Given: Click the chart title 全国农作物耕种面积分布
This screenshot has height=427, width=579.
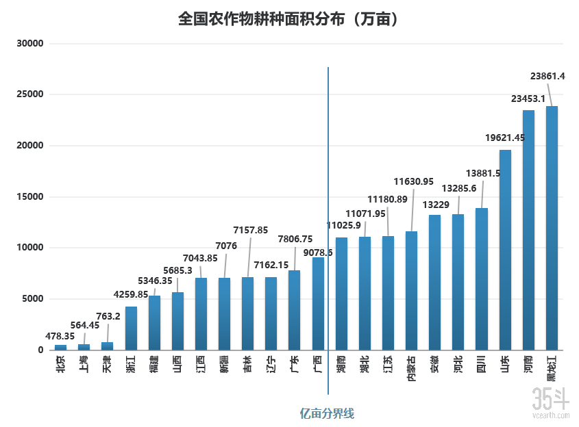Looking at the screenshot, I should (x=288, y=18).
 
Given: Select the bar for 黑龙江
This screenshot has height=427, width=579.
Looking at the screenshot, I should (x=552, y=228).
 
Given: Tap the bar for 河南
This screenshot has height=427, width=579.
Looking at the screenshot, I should (x=528, y=230).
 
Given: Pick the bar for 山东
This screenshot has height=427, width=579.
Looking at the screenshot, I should (x=505, y=250).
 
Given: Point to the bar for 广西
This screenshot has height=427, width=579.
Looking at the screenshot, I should (x=318, y=303).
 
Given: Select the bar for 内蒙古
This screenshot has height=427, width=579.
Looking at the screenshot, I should (x=411, y=290).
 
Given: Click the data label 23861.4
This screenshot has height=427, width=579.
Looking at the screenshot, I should (x=547, y=76).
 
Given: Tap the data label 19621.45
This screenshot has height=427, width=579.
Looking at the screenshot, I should (x=505, y=138).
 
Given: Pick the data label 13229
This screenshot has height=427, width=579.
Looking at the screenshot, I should (x=436, y=205).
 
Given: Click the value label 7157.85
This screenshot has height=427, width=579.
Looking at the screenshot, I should (x=250, y=230).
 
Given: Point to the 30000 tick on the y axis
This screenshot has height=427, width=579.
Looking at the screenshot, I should (x=31, y=44).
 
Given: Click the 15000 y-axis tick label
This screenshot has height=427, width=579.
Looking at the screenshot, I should (x=31, y=197).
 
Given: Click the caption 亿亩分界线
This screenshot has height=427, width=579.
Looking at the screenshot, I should (x=328, y=413).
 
